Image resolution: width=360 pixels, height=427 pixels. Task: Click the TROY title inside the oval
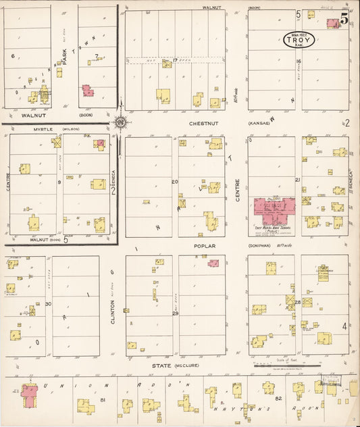299,41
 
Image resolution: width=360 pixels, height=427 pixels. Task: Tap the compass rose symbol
120,122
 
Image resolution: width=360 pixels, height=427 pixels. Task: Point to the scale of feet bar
284,365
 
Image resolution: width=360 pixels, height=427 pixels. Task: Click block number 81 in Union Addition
103,400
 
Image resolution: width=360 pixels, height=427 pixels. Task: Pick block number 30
49,304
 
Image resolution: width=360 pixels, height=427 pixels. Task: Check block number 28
297,302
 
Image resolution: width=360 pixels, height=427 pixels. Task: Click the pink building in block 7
88,90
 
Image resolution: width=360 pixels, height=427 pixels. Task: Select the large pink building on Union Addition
29,394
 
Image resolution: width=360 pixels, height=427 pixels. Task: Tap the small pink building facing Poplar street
213,263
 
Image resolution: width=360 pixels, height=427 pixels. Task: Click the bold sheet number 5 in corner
344,20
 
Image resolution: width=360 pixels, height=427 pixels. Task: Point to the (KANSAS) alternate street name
260,124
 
